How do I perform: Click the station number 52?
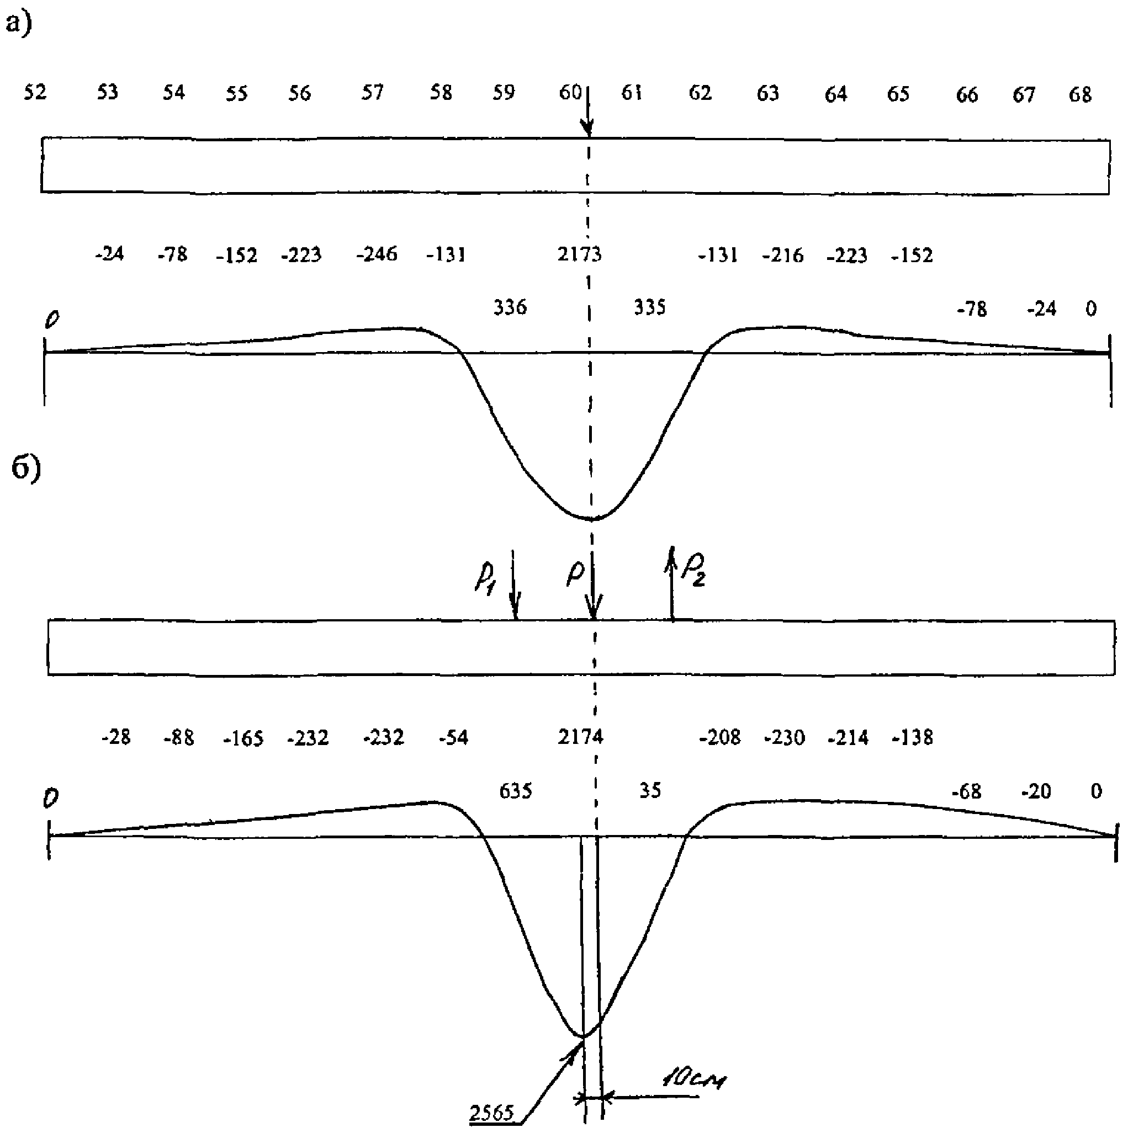[x=35, y=92]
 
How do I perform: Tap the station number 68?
[x=1080, y=94]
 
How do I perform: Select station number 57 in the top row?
[x=372, y=92]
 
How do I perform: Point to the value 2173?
[x=579, y=254]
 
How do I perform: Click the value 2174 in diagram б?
[x=580, y=737]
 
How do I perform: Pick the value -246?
[x=377, y=254]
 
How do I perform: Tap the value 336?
[x=510, y=307]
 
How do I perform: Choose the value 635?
[x=516, y=791]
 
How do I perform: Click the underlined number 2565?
[x=491, y=1113]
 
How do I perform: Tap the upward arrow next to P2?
[x=672, y=583]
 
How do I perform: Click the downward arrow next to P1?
[x=515, y=587]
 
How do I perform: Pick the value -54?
[x=453, y=737]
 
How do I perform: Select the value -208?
[x=720, y=737]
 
